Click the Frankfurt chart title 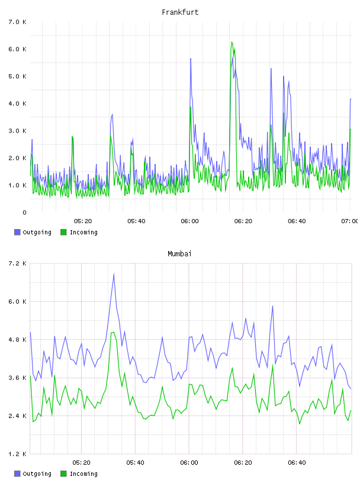point(180,12)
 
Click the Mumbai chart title point(179,254)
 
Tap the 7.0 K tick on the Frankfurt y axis point(18,22)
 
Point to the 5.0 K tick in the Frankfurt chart point(18,76)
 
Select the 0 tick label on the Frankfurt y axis point(24,212)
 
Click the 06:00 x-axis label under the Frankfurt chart point(190,221)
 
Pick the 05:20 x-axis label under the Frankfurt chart point(83,221)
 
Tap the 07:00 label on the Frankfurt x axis point(349,221)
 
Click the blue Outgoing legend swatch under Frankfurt point(17,232)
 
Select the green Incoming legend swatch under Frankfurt point(63,232)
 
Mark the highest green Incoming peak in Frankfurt point(232,42)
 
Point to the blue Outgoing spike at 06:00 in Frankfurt point(191,59)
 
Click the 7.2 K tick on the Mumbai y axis point(18,263)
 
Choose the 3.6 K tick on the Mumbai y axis point(18,378)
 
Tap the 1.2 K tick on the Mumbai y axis point(18,454)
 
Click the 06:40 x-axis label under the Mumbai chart point(297,463)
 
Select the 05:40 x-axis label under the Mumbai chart point(136,463)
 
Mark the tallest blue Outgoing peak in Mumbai point(114,274)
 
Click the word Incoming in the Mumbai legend point(83,474)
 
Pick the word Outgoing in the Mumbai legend point(37,474)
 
